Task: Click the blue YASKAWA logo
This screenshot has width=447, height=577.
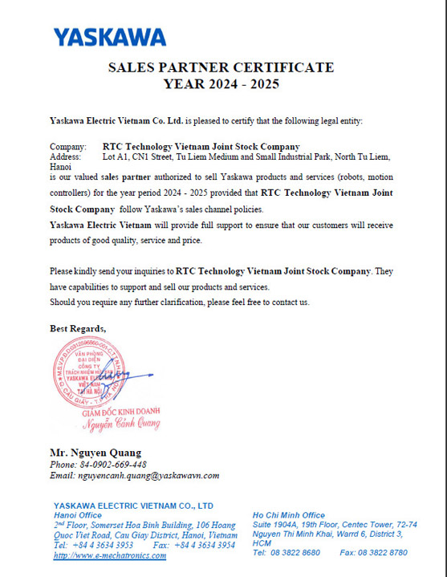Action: click(x=109, y=37)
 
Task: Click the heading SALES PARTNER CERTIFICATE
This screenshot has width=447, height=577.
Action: click(x=221, y=67)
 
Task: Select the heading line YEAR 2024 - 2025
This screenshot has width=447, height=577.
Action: click(x=221, y=83)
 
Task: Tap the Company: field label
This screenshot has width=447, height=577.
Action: click(x=68, y=147)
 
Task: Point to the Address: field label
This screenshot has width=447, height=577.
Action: click(x=66, y=157)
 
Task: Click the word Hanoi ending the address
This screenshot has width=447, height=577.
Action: click(x=61, y=167)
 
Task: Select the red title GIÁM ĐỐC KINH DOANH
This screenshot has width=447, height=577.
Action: click(x=122, y=411)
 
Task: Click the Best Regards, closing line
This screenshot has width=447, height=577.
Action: click(x=78, y=328)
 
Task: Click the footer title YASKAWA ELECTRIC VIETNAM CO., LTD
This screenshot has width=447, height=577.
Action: click(x=133, y=506)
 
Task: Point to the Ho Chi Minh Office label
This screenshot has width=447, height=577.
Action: click(x=289, y=514)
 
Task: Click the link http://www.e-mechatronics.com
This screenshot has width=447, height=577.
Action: click(x=110, y=555)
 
